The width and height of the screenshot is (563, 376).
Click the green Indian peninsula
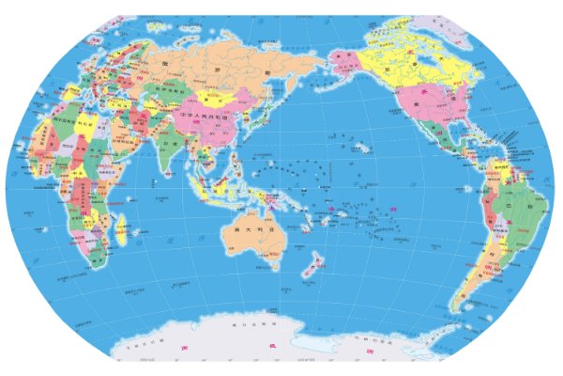point(160,150)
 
